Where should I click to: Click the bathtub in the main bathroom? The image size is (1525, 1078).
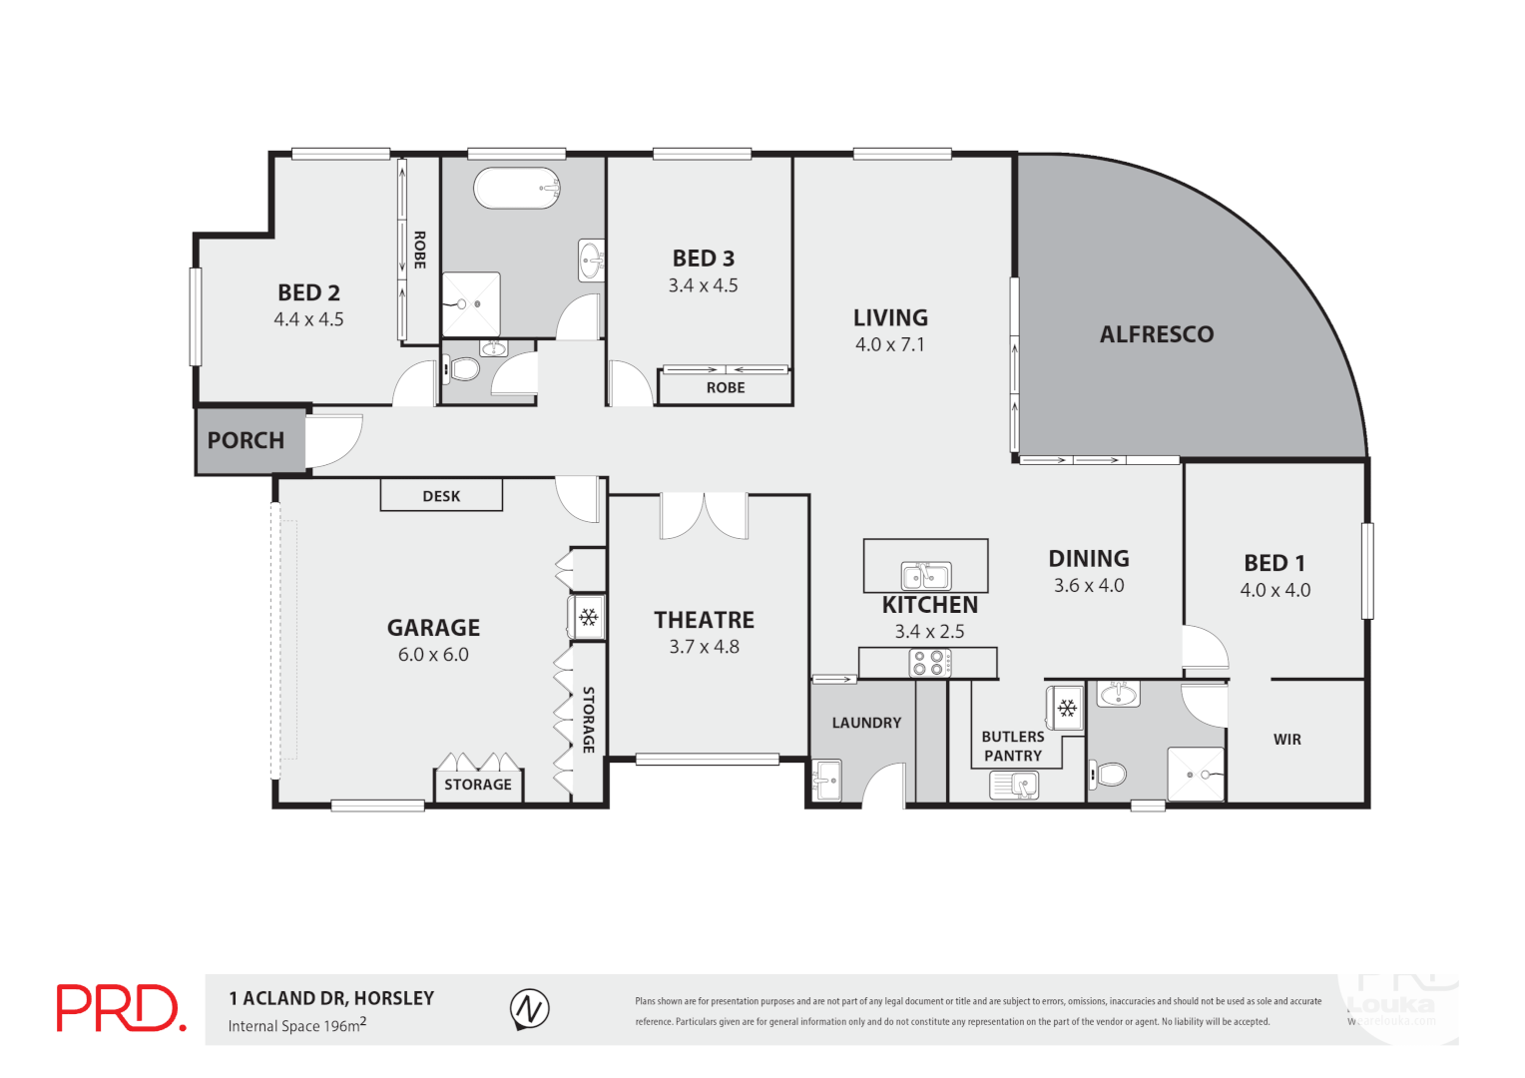coord(516,188)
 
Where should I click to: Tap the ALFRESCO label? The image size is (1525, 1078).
coord(1156,334)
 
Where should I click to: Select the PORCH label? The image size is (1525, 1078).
coord(246,440)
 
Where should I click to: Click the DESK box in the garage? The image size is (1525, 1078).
coord(441,496)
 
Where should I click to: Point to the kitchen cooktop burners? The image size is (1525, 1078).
coord(928,663)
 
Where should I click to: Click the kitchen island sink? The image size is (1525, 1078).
coord(926,576)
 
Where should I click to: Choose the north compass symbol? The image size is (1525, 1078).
coord(529,1009)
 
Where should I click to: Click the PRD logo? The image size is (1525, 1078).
coord(121,1008)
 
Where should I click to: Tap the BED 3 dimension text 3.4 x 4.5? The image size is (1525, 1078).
coord(703,285)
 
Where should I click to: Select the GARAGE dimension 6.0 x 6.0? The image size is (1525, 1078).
coord(433,655)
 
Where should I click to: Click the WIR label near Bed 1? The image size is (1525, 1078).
coord(1286,740)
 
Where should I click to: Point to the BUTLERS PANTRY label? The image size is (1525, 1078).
coord(1012,746)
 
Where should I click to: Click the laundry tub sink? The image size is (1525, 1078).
coord(826,781)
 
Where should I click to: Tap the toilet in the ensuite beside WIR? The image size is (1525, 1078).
coord(1108,774)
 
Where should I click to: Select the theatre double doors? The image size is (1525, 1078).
coord(704,515)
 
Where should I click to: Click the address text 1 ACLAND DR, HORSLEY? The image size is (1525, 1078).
coord(331,998)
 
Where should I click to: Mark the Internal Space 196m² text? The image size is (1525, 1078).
coord(296,1025)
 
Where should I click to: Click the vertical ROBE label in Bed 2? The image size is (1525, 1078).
coord(420,250)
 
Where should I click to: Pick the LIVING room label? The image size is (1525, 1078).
coord(890,317)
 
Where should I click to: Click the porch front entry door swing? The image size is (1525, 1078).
coord(333,441)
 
